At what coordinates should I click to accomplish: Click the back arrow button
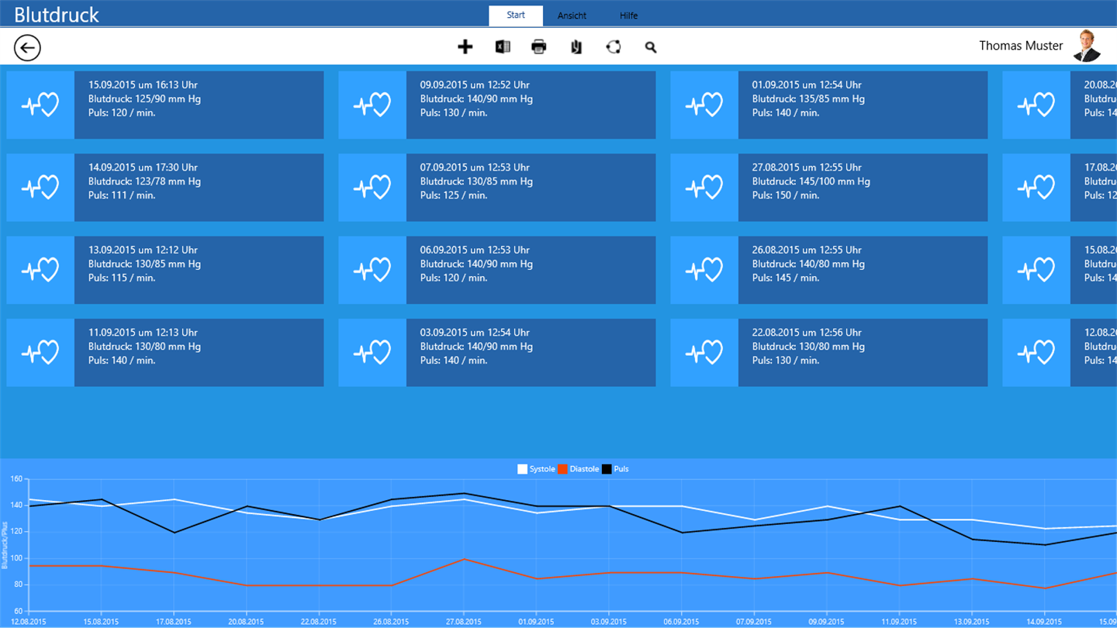pos(27,48)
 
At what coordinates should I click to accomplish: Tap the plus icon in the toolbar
pos(465,47)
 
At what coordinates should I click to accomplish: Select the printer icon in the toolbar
pos(539,47)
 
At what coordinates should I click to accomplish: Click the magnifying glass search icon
pos(651,47)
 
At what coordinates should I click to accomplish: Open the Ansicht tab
pos(572,16)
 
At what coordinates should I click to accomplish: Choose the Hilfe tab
pos(628,16)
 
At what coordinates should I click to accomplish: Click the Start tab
pos(516,16)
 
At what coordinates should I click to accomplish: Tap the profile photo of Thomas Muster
pos(1087,46)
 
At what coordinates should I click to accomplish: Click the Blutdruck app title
pos(57,15)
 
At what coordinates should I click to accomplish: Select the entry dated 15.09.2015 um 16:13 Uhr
pos(199,105)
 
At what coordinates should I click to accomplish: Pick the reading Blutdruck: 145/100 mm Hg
pos(811,181)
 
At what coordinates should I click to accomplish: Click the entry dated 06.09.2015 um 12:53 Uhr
pos(531,270)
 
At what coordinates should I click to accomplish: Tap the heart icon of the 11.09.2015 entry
pos(40,353)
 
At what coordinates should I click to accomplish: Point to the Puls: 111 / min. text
pos(122,195)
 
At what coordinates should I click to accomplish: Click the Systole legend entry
pos(536,469)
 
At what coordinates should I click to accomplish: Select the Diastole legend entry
pos(578,469)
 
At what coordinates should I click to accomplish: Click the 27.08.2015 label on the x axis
pos(464,622)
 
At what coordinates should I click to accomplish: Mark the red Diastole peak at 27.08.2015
pos(464,559)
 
